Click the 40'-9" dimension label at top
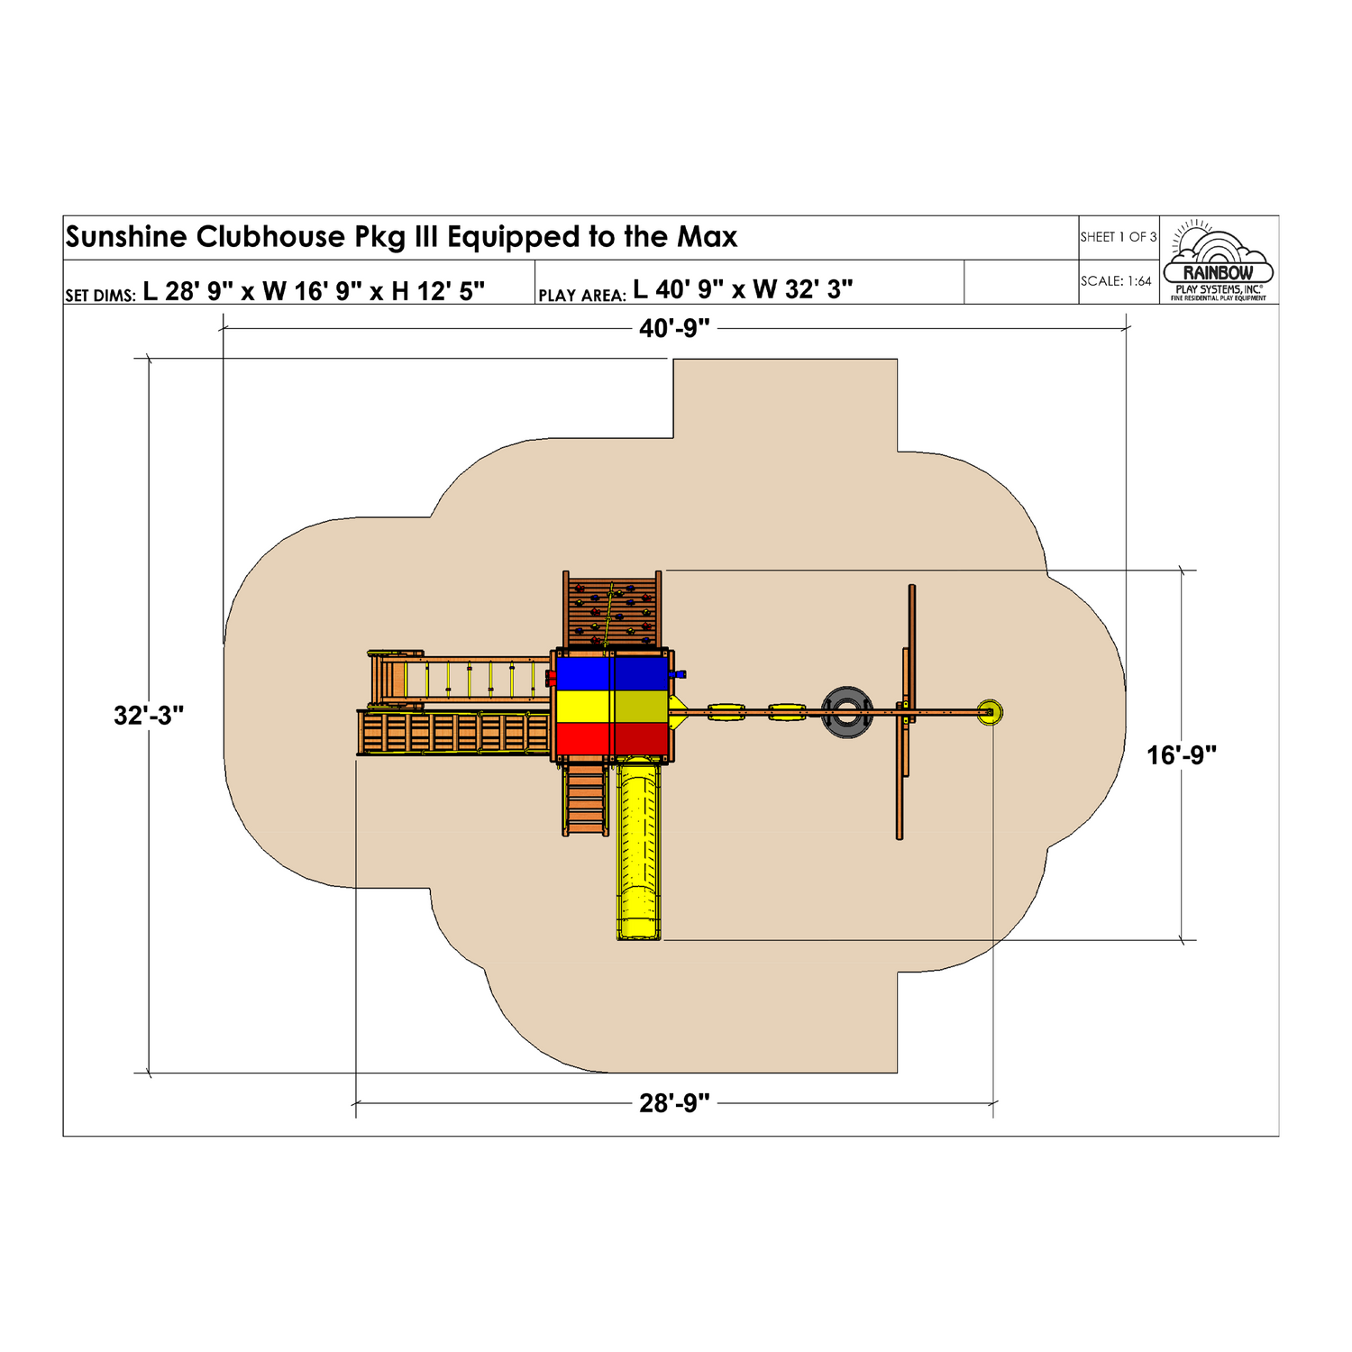[x=674, y=329]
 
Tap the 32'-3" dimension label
[x=149, y=716]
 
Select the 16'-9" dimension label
[x=1182, y=755]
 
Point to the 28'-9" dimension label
[x=674, y=1103]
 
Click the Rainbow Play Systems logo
[x=1219, y=260]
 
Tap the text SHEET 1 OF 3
[x=1119, y=237]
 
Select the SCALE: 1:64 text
[x=1116, y=281]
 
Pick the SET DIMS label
[x=100, y=296]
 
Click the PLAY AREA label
[x=582, y=296]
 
